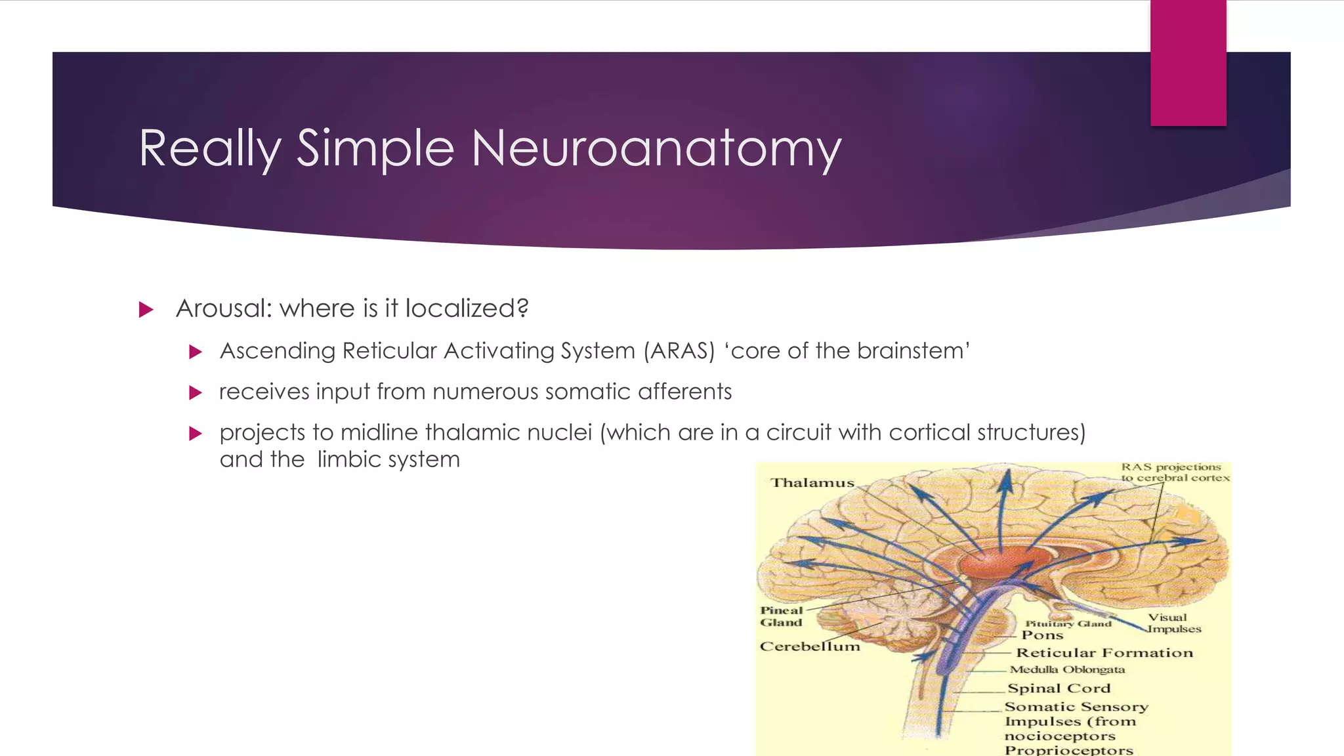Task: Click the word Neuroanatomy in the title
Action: tap(656, 149)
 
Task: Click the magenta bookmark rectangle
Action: tap(1188, 63)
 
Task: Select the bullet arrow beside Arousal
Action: tap(146, 310)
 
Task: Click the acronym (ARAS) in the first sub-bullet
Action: tap(679, 351)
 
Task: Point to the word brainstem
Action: tap(913, 351)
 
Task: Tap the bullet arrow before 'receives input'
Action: tap(196, 393)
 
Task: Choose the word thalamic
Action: tap(472, 432)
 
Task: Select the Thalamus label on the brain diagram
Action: tap(812, 483)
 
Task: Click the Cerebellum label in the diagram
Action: tap(810, 646)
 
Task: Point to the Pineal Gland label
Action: tap(781, 616)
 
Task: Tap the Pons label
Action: tap(1042, 635)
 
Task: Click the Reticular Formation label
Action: tap(1104, 653)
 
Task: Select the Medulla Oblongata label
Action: tap(1067, 670)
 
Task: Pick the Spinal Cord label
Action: tap(1059, 688)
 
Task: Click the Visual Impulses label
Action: tap(1173, 623)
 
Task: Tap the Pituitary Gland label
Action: tap(1068, 623)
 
